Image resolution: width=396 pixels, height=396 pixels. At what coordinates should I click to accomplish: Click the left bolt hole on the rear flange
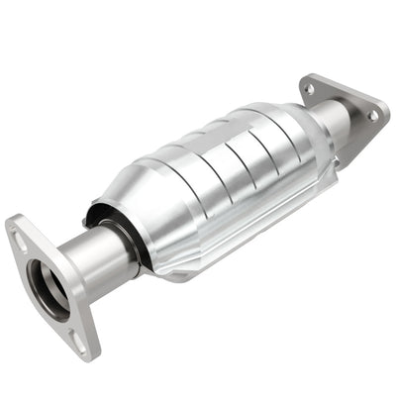[x=309, y=88]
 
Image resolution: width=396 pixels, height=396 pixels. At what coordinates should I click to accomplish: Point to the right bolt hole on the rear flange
[x=372, y=116]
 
